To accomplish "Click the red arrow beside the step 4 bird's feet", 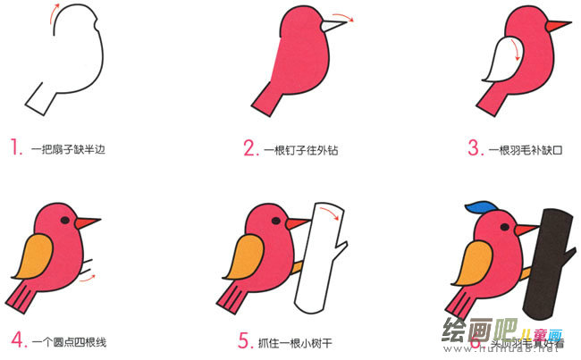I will pyautogui.click(x=86, y=280).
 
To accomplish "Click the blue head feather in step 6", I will pyautogui.click(x=481, y=208).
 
